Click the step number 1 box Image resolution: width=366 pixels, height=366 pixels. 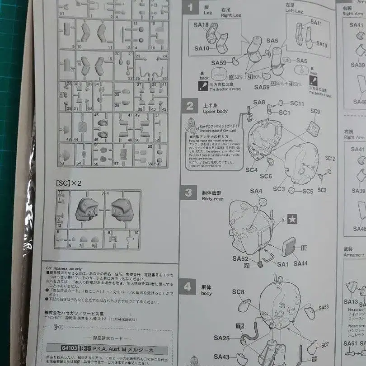click(x=190, y=7)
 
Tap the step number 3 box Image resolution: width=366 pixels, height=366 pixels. click(x=188, y=192)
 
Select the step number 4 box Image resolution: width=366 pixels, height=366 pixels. click(x=188, y=286)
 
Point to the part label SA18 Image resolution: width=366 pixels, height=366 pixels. click(x=202, y=25)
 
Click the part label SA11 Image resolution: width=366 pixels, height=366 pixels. click(x=316, y=23)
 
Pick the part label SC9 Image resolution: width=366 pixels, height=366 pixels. click(x=315, y=111)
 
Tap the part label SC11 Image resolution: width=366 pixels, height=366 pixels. click(x=297, y=103)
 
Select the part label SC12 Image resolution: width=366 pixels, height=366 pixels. click(x=330, y=159)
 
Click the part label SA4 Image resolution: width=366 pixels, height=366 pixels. click(x=256, y=191)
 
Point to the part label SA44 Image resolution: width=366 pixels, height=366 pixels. click(x=300, y=263)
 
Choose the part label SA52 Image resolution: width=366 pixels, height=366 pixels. click(x=241, y=258)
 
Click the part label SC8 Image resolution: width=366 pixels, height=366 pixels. click(x=238, y=292)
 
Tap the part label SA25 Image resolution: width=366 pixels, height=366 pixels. click(x=222, y=337)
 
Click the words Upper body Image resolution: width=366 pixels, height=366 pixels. click(x=216, y=111)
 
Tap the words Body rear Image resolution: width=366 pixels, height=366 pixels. click(x=212, y=198)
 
